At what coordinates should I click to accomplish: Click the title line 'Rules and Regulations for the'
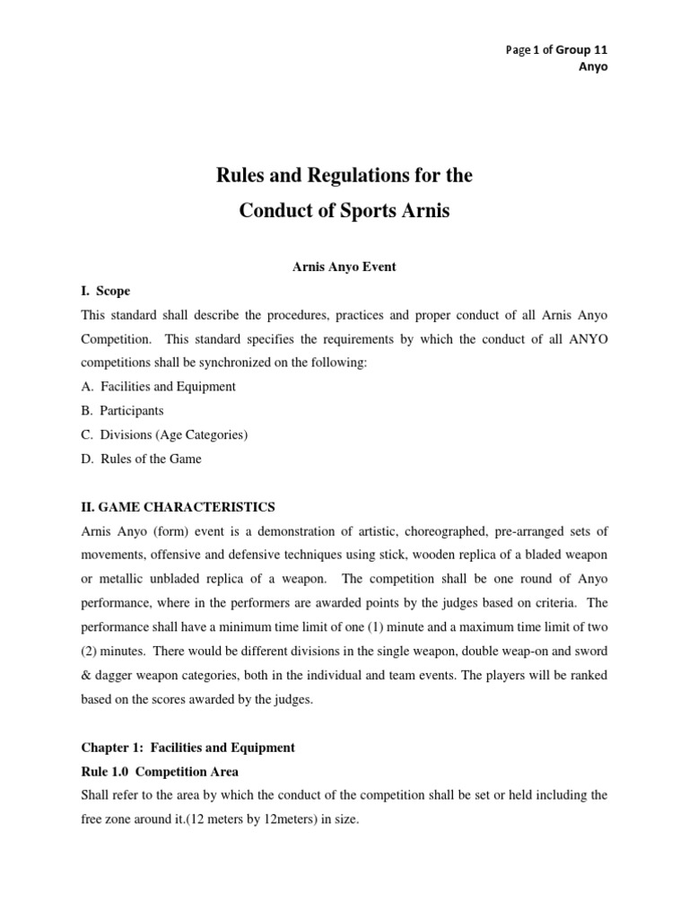[x=344, y=175]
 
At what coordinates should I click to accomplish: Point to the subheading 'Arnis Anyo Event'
[x=344, y=267]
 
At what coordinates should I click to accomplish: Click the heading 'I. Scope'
[x=105, y=290]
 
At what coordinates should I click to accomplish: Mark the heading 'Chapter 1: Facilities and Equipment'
[x=188, y=747]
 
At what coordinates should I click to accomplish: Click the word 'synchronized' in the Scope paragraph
[x=268, y=362]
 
